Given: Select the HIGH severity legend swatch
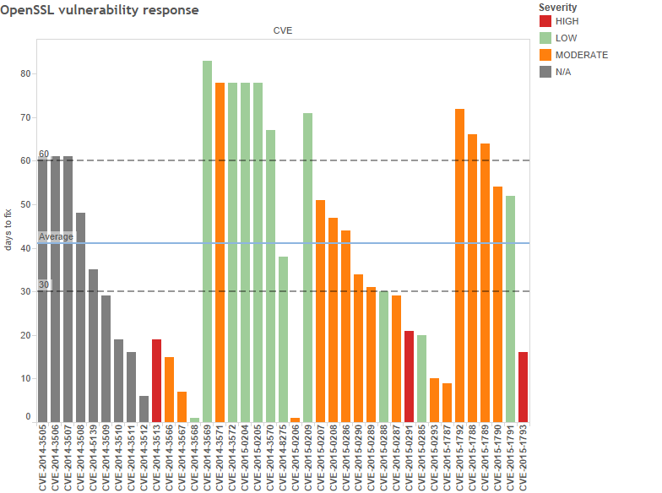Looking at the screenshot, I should point(545,21).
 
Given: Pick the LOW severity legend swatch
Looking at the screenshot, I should point(545,38).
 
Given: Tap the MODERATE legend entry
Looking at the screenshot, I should point(545,55).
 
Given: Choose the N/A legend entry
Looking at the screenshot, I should point(545,72).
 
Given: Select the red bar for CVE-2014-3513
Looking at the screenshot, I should point(156,380).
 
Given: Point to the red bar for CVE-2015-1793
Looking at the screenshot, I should point(523,387).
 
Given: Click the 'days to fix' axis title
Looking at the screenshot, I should point(8,230).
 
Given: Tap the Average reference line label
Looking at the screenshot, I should point(56,237).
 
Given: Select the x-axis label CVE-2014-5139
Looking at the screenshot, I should point(93,457).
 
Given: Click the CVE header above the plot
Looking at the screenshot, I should point(283,30).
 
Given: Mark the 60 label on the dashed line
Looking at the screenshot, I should point(44,154).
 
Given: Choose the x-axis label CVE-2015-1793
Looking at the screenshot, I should point(523,457).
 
